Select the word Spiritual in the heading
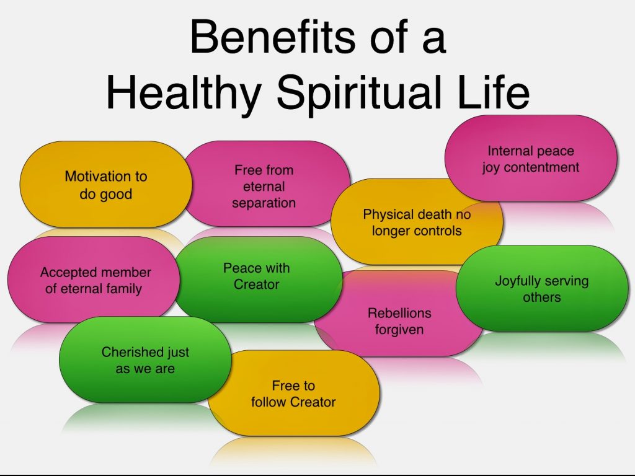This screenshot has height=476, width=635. coord(359,92)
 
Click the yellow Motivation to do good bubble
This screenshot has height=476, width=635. coord(105,184)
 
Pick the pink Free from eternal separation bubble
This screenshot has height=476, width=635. coord(265,183)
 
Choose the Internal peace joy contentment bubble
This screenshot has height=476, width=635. coord(531,158)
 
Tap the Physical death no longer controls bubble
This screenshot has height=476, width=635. coord(417,222)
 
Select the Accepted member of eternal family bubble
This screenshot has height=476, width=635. coord(94,280)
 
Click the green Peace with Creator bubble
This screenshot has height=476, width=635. coord(257,280)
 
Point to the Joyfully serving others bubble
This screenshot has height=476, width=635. coord(542,288)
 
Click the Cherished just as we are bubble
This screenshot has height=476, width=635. coord(145,359)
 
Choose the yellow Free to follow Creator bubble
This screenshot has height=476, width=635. coord(293,393)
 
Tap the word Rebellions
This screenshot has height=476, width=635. coord(399,313)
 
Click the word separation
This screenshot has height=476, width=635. coord(264,203)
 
